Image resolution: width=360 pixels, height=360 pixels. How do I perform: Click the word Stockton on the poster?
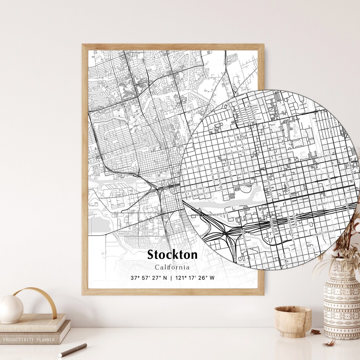172,255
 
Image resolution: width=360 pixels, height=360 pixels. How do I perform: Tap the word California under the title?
172,267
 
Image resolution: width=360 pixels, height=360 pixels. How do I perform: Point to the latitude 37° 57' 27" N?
149,278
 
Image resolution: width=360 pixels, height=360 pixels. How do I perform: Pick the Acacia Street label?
194,166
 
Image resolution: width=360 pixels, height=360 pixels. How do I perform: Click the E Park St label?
326,156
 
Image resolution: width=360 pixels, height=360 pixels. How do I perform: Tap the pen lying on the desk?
73,350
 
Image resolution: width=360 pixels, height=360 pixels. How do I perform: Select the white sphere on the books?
11,309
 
